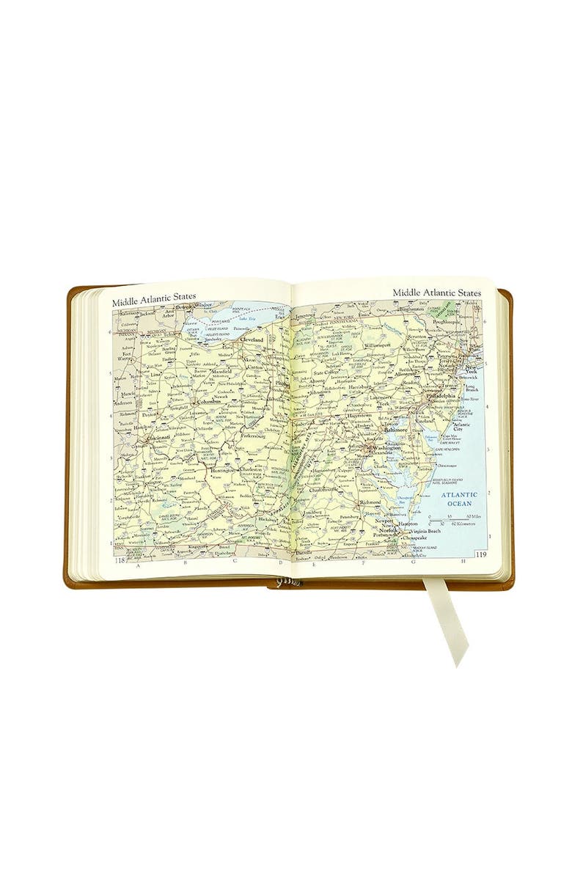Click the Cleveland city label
252,340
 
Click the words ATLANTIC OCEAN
460,499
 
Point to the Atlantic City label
463,426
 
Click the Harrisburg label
359,387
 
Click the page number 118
120,561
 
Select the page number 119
481,554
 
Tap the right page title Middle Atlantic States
436,293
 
